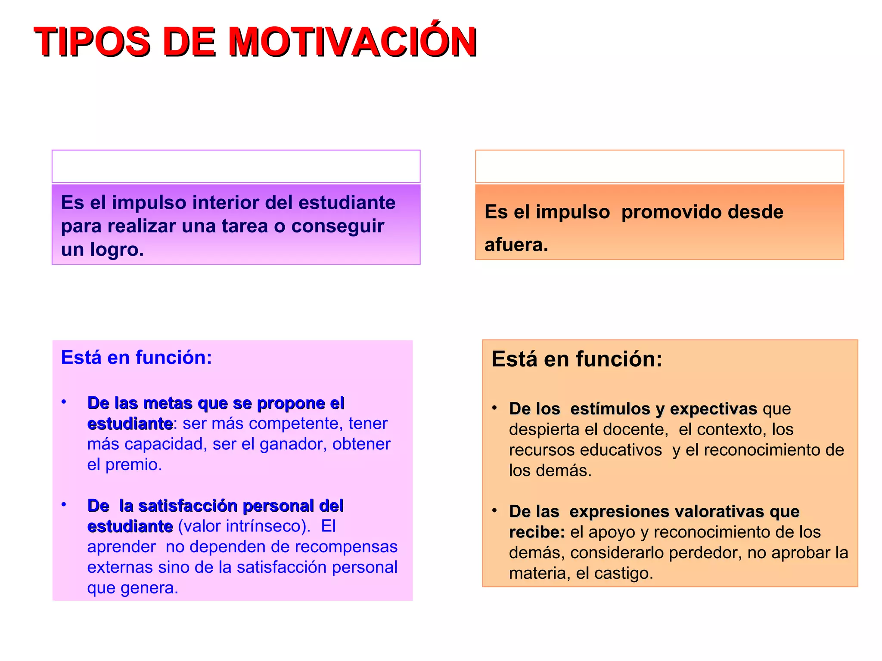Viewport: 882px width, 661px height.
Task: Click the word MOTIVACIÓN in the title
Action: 352,42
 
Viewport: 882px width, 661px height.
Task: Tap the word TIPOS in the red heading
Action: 92,42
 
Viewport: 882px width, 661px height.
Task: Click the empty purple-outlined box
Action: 236,167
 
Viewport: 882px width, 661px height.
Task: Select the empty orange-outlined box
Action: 659,167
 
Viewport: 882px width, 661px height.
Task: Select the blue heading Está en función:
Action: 137,358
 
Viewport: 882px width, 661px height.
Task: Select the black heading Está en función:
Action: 577,359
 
